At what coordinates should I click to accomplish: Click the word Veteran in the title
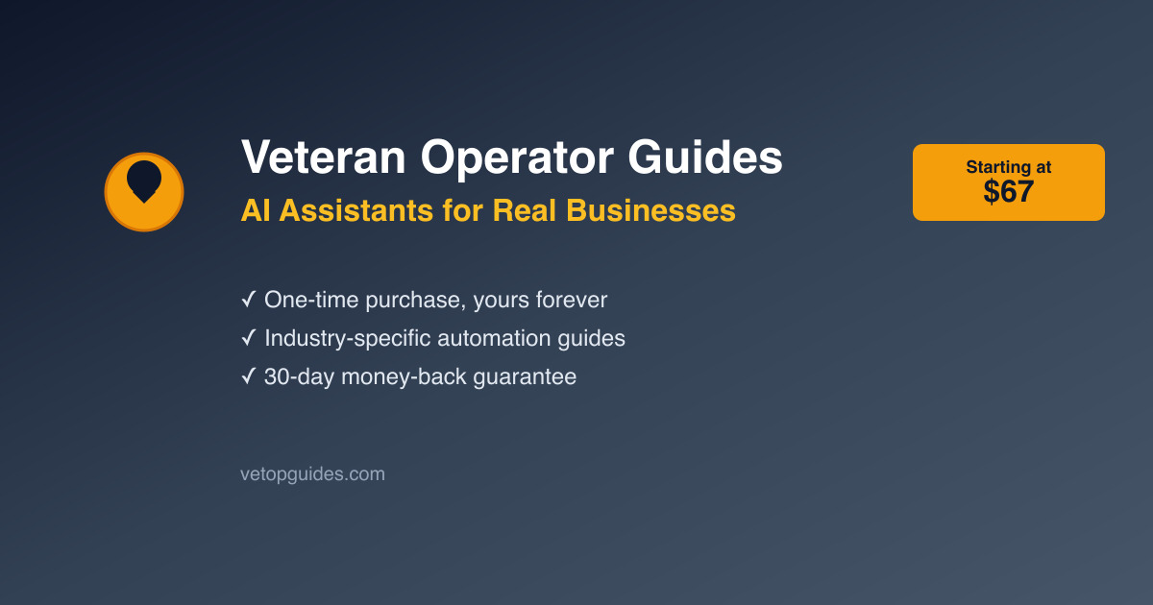tap(324, 157)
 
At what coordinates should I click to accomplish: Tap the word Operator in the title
tap(517, 159)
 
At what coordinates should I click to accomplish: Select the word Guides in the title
tap(705, 157)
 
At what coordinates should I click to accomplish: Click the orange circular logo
tap(144, 192)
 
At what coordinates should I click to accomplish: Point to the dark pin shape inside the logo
tap(144, 181)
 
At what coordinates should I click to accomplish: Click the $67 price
tap(1008, 191)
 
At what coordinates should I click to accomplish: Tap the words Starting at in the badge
tap(1008, 167)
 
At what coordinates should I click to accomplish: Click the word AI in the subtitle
tap(256, 211)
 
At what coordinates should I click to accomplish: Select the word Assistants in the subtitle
tap(356, 211)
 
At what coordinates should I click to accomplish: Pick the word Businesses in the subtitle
tap(650, 211)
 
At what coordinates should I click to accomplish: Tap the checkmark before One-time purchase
tap(248, 299)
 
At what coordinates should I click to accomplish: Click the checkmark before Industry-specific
tap(248, 337)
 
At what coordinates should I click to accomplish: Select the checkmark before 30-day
tap(248, 376)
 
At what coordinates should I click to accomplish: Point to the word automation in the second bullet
tap(494, 338)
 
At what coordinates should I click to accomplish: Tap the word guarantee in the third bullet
tap(525, 377)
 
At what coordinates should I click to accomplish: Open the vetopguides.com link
tap(312, 474)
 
